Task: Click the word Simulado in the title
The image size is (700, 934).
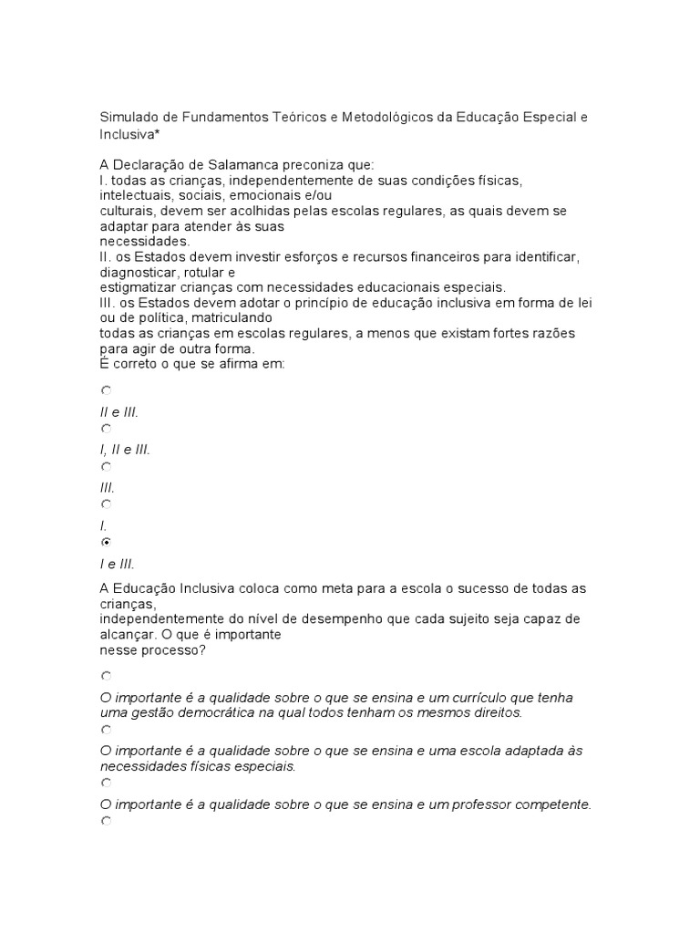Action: pos(128,118)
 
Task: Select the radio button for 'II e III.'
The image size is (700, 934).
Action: pos(107,390)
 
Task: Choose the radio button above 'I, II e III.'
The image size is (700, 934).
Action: pos(107,428)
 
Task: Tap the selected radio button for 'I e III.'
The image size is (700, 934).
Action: pos(107,542)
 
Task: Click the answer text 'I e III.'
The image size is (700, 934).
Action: pos(118,564)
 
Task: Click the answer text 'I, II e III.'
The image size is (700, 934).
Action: pos(125,450)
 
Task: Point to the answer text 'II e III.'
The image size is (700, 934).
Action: pos(118,412)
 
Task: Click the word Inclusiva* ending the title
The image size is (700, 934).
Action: pos(130,134)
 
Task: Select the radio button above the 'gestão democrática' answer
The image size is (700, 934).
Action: pos(107,676)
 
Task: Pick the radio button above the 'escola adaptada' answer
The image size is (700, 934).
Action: pos(107,730)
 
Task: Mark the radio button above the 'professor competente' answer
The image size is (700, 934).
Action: pos(107,783)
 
